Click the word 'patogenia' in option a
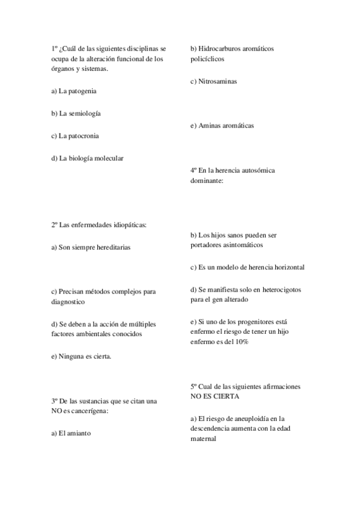coord(82,91)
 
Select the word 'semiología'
coord(85,114)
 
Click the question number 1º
coord(55,48)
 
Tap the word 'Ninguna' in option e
coord(71,357)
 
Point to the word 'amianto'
coord(79,433)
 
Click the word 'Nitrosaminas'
coord(217,81)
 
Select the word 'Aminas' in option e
coord(209,126)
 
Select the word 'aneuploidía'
coord(247,419)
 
